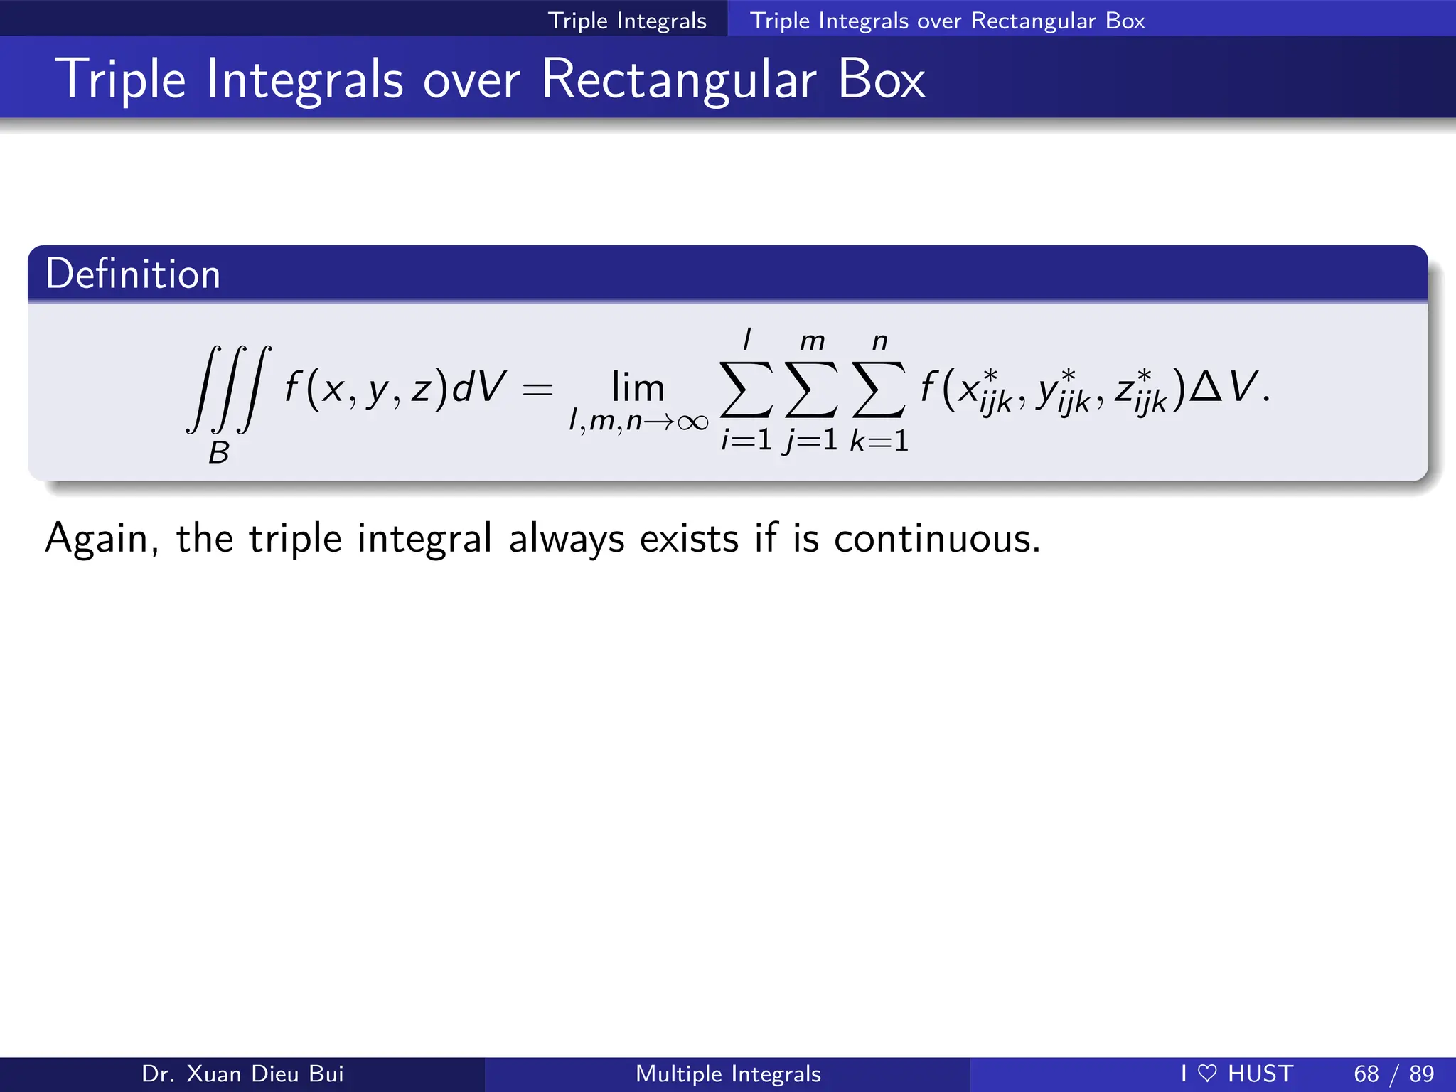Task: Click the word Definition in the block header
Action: click(133, 274)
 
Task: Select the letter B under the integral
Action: click(219, 453)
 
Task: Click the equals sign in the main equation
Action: click(537, 390)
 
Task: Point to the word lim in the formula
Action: click(638, 388)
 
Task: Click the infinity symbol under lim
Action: click(692, 423)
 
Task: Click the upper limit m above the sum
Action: click(812, 342)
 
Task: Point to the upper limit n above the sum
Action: click(880, 342)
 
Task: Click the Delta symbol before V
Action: click(1205, 387)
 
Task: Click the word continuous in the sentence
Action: click(936, 538)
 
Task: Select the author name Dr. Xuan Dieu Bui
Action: click(242, 1074)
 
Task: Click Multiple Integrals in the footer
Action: click(728, 1074)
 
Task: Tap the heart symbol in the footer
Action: click(1207, 1074)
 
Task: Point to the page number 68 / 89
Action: click(1393, 1074)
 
